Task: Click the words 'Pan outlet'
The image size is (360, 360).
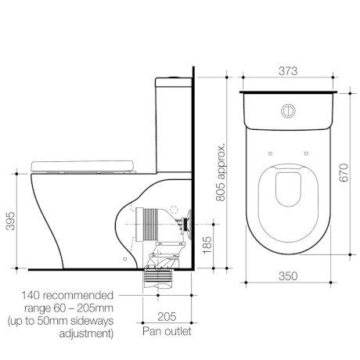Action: pos(167,332)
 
